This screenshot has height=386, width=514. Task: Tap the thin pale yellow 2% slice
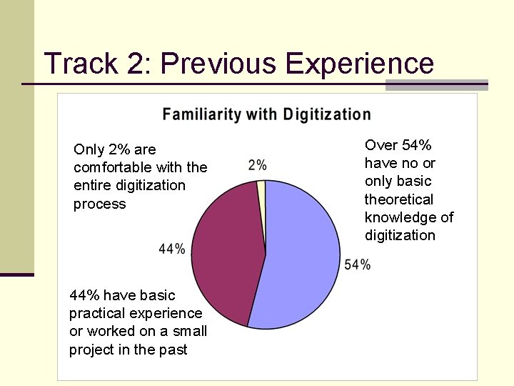261,187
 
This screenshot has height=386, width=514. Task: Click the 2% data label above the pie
258,165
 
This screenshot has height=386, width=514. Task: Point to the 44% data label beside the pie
172,249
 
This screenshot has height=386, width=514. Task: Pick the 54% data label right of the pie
357,264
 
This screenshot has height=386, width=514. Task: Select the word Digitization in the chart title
327,114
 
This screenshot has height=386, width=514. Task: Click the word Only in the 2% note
89,149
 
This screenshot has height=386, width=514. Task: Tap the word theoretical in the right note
399,199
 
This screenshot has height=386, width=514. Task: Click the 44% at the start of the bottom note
83,295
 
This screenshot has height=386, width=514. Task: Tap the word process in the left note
99,204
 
